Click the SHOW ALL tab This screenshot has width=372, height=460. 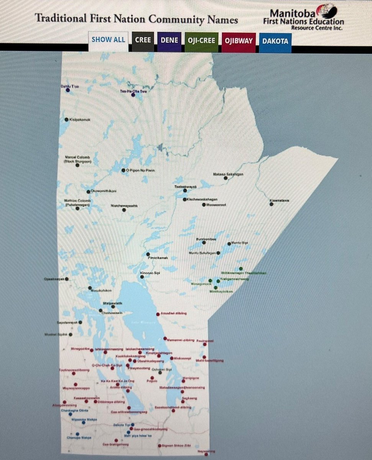pos(108,39)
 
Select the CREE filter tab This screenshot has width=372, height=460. pos(143,39)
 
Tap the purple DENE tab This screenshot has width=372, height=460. pos(169,40)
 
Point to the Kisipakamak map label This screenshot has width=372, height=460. pos(80,120)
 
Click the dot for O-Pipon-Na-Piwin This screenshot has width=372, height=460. pos(123,170)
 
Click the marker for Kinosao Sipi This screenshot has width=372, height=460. pos(142,276)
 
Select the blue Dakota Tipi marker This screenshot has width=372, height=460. pos(133,425)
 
